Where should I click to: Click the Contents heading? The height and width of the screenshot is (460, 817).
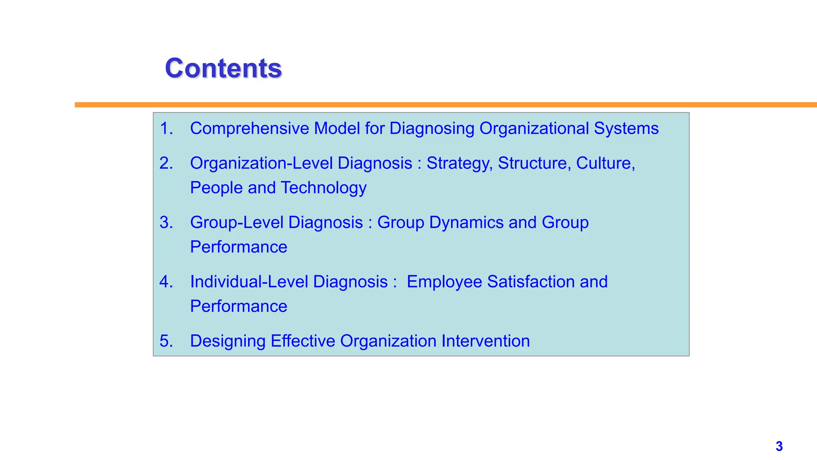pos(223,68)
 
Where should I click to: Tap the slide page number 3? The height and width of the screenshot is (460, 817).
pos(779,446)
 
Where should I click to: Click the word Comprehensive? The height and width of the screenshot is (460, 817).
pos(249,129)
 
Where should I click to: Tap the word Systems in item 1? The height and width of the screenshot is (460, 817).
pos(626,129)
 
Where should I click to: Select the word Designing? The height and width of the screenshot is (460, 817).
pos(227,341)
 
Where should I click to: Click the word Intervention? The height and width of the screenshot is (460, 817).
pos(485,341)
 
